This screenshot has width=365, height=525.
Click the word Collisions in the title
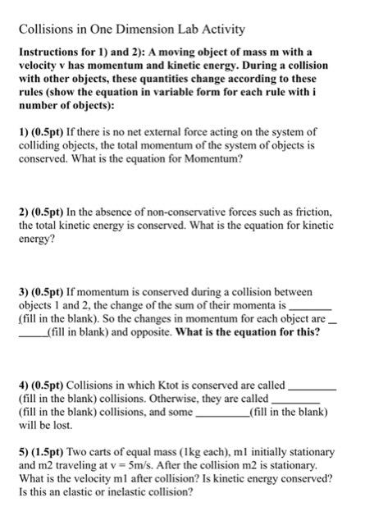click(x=46, y=30)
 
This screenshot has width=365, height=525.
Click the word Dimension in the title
click(x=153, y=30)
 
